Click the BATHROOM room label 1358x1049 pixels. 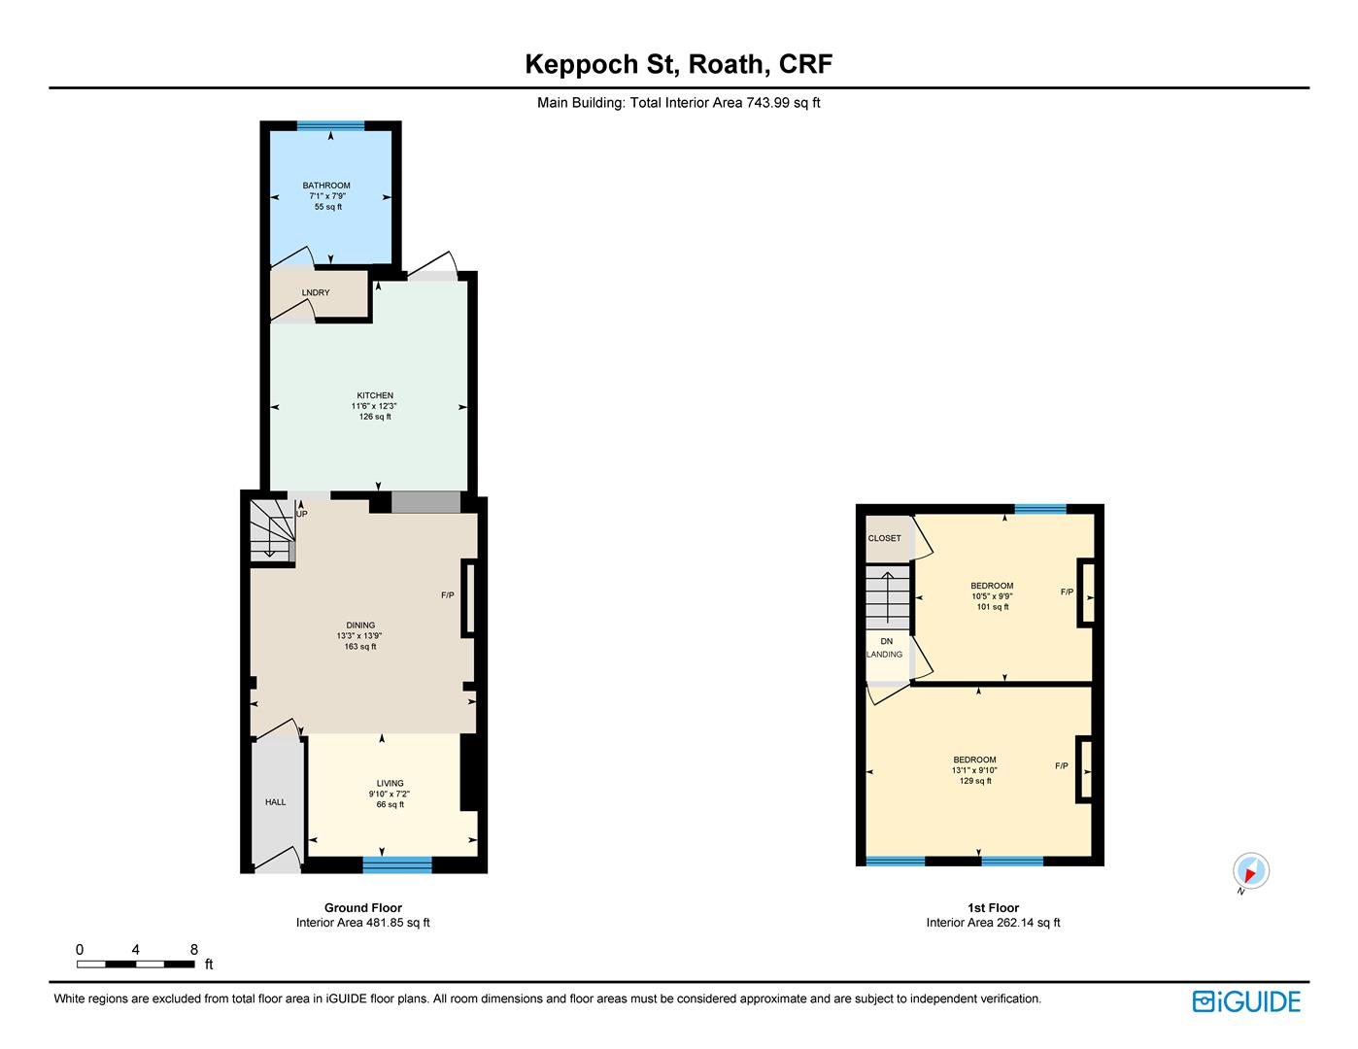326,186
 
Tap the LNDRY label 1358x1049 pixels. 316,292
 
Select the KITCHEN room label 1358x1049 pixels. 375,395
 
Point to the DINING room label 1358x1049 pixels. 360,625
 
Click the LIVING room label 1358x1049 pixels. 390,784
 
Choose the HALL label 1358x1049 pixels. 275,802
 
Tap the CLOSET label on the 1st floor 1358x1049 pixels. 884,538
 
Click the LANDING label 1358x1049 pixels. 884,654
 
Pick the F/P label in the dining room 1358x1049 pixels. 448,595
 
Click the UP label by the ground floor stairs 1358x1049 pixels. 302,514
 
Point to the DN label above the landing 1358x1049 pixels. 886,641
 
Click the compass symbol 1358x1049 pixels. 1250,870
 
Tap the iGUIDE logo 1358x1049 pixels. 1246,1001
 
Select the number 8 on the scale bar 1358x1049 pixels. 194,950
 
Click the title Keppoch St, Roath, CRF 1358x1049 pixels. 679,64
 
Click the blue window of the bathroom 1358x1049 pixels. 330,125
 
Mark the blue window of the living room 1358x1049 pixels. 397,864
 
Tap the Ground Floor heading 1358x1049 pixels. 363,908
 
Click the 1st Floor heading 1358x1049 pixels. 993,908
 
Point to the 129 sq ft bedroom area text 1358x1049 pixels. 975,781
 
